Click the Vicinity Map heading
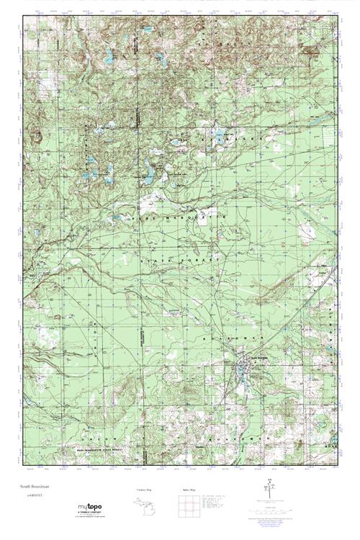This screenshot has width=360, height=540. pos(144,490)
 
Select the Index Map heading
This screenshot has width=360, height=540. pos(185,490)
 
